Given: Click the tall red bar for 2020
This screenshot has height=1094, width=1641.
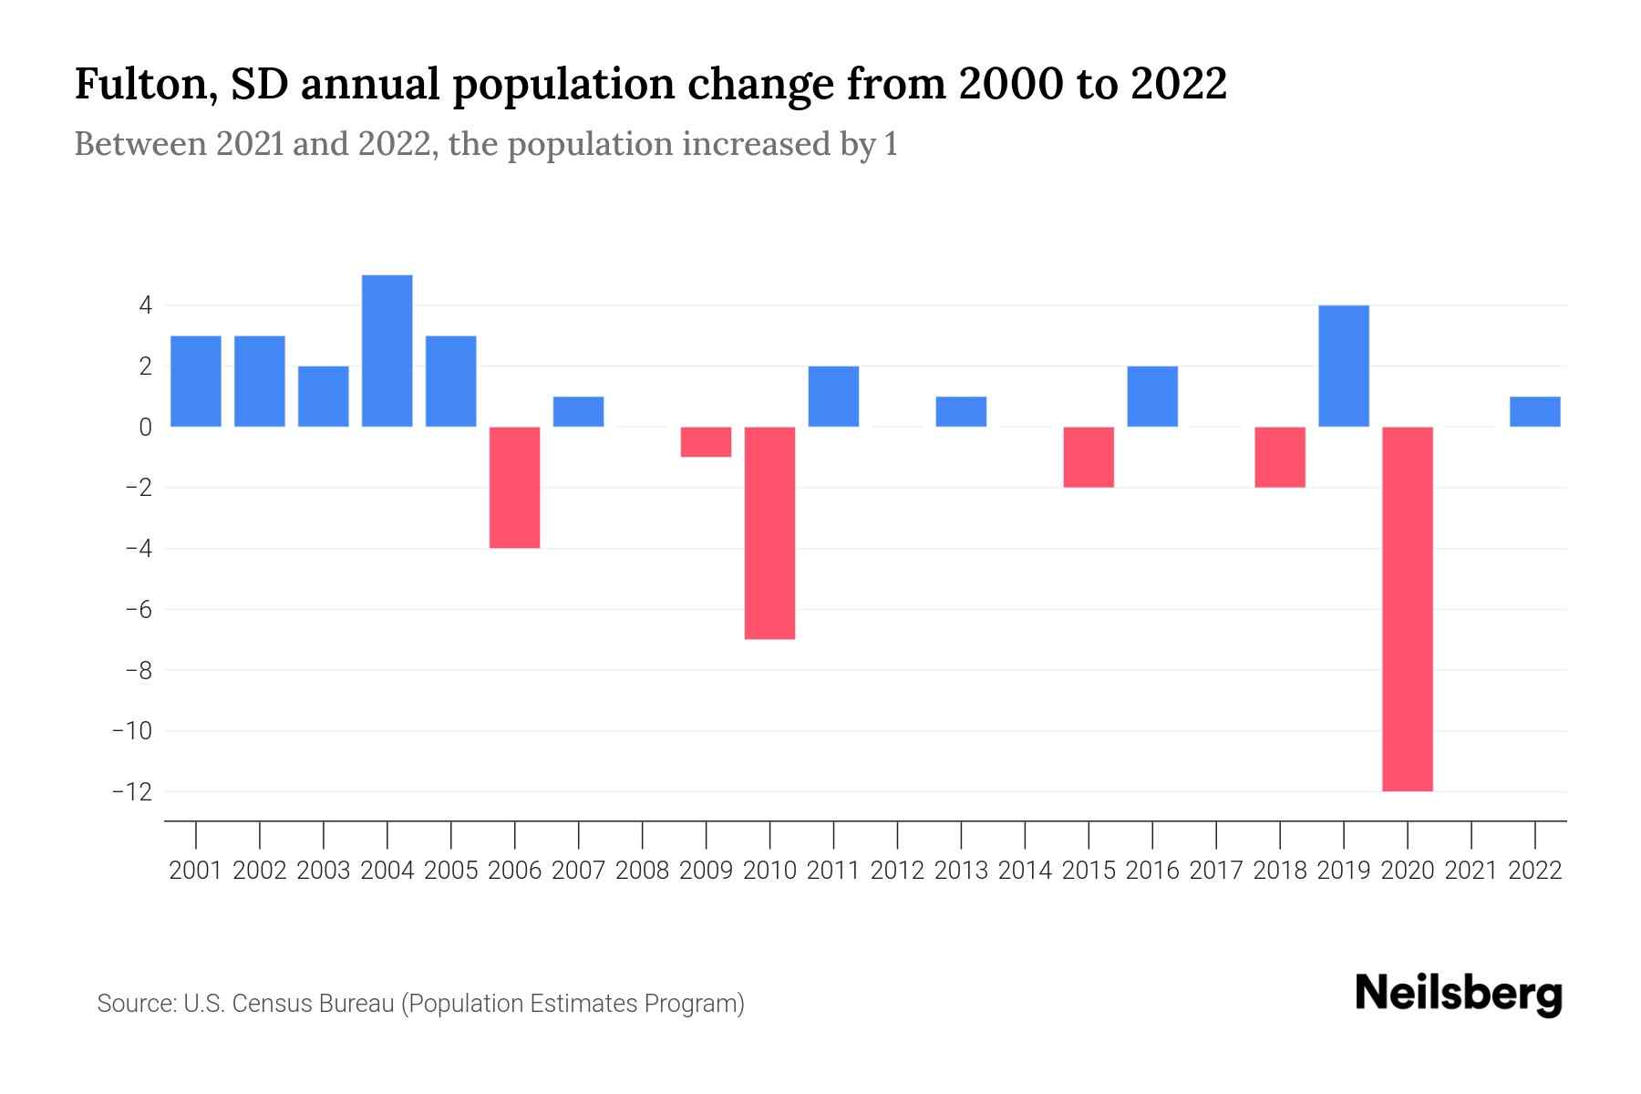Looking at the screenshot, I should point(1408,609).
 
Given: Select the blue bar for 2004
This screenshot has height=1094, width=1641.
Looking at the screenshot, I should point(387,351).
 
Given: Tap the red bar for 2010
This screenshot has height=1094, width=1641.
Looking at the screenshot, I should point(770,533).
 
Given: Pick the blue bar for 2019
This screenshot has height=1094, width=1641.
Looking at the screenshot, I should point(1344,366).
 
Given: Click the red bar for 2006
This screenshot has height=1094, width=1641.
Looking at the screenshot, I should point(515,488).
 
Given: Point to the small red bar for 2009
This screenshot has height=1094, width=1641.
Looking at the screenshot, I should point(707,442).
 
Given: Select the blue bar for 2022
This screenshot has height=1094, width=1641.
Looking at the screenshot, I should point(1535,412).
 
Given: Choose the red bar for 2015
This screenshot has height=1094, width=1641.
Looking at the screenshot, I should point(1089,457).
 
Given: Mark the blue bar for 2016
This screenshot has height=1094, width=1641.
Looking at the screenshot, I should point(1152,397).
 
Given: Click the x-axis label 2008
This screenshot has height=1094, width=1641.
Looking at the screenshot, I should point(643,871).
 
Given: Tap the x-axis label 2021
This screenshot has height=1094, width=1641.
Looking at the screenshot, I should point(1471,871).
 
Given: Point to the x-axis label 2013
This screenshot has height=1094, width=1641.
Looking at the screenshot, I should point(961,871).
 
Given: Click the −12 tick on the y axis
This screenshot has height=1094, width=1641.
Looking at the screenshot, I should point(131,791).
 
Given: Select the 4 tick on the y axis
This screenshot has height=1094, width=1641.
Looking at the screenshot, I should point(145,305).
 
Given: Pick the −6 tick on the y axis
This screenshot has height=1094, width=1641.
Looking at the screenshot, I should point(137,609).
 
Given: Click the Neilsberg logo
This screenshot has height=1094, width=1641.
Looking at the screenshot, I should point(1459,994).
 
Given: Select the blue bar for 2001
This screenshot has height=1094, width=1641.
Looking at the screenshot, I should point(196,381).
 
